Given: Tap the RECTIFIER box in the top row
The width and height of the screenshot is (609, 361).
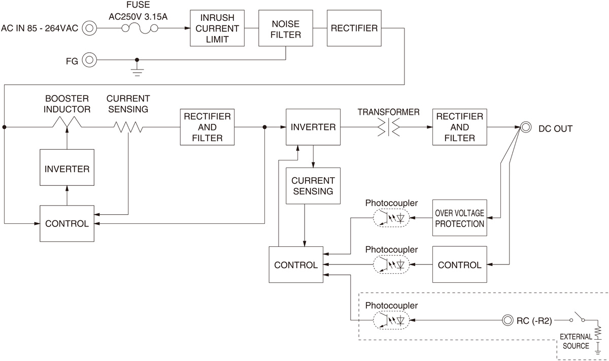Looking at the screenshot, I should [354, 28].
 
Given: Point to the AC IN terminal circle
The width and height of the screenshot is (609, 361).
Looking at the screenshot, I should [89, 28].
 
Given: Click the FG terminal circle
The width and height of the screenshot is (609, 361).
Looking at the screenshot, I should [89, 60].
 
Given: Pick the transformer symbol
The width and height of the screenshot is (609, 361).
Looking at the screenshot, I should [388, 127].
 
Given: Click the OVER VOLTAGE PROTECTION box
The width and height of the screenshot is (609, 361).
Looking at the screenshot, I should [459, 218].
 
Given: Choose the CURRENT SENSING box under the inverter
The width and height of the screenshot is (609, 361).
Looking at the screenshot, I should [313, 186].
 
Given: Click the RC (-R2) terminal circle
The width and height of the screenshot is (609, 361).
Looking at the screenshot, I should [507, 320].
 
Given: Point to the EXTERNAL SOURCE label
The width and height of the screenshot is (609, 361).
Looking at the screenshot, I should [575, 341].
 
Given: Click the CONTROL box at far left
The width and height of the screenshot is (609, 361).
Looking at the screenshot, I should [67, 223].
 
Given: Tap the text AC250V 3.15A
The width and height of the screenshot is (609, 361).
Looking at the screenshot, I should [139, 16].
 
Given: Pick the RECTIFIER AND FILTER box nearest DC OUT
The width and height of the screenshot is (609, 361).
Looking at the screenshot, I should [459, 127].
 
